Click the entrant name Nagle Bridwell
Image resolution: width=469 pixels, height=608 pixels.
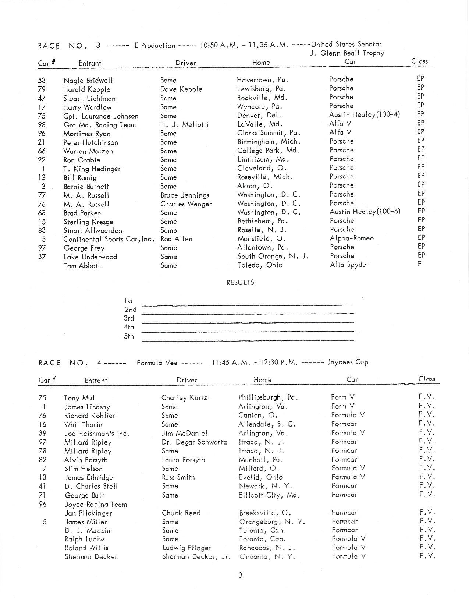coord(88,80)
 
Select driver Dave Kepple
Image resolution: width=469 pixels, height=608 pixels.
coord(181,89)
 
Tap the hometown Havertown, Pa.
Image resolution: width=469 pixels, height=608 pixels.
coord(263,79)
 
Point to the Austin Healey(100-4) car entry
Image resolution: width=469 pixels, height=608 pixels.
coord(365,114)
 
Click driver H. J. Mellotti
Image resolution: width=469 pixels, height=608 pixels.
coord(184,124)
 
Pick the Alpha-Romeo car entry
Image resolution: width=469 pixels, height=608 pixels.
coord(351,238)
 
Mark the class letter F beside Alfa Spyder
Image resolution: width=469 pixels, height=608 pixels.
coord(419,264)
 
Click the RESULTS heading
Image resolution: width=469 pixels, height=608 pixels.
coord(240,283)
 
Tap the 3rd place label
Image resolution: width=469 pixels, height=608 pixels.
coord(129,318)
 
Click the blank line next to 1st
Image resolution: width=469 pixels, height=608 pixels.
coord(246,304)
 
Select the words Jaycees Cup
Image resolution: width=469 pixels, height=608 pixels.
coord(348,362)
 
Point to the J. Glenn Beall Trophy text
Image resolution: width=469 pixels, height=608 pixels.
coord(347,53)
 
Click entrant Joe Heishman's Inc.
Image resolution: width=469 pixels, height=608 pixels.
coord(97,434)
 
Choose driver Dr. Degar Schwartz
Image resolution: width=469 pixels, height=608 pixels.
coord(194,442)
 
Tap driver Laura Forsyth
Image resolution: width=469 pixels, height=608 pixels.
coord(183,460)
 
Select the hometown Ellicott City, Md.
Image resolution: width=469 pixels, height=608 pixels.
coord(269,495)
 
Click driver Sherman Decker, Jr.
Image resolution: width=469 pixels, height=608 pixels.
coord(196,556)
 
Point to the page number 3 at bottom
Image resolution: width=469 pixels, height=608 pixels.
coord(240,575)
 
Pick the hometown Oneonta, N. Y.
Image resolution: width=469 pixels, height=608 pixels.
coord(267,556)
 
